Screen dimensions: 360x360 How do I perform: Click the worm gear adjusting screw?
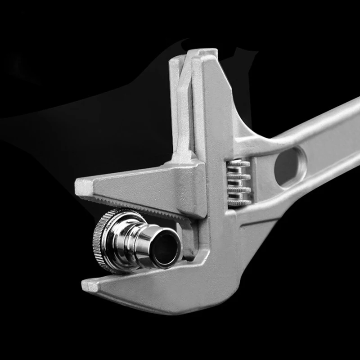238,182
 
